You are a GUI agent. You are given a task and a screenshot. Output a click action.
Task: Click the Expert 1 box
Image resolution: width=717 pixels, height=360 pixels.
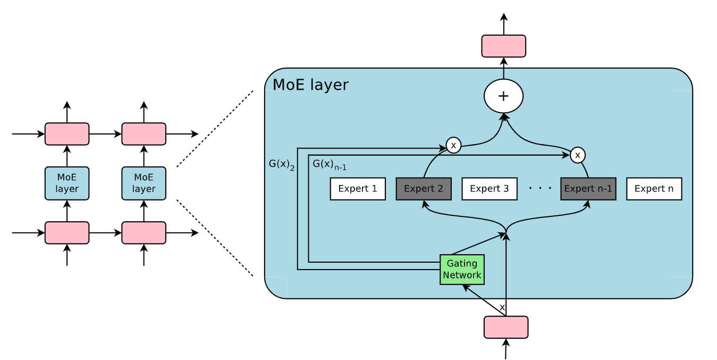point(358,189)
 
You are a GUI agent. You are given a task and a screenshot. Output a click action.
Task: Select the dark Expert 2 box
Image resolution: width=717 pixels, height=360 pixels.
point(424,189)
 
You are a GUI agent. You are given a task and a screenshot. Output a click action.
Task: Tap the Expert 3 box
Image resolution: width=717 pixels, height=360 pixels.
point(490,189)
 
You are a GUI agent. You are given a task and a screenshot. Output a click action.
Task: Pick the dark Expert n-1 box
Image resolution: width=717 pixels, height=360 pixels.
point(588,189)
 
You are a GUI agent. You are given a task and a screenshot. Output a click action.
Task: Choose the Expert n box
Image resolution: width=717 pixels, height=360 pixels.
point(654,189)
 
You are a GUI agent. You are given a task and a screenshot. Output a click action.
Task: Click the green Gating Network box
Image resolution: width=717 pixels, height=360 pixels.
point(462,270)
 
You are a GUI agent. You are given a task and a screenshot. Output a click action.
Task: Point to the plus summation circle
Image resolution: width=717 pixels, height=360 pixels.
point(503,96)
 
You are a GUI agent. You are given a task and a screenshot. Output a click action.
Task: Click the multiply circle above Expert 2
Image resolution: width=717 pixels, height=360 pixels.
point(453,145)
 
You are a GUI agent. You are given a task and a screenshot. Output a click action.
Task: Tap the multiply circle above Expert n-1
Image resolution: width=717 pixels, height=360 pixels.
point(577,155)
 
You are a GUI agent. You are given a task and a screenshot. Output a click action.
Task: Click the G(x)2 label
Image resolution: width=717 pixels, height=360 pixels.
point(282,164)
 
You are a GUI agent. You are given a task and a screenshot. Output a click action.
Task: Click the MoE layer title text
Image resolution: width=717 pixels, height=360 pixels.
point(310,85)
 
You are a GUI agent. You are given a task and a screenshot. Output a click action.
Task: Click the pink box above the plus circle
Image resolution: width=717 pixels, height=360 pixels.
point(503,46)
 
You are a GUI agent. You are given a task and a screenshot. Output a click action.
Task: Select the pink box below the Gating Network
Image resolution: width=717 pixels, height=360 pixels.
point(505,327)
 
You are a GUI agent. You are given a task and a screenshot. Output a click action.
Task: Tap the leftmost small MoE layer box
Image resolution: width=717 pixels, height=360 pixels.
point(67,183)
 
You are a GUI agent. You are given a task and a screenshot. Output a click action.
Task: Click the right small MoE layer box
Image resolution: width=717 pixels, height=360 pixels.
point(144,183)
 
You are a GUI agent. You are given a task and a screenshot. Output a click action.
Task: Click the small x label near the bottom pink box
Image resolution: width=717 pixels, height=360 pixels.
point(502,307)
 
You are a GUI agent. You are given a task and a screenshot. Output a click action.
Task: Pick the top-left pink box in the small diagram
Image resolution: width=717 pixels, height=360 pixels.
point(67,134)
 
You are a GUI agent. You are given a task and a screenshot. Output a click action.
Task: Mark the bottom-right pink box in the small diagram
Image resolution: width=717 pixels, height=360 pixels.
point(144,233)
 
